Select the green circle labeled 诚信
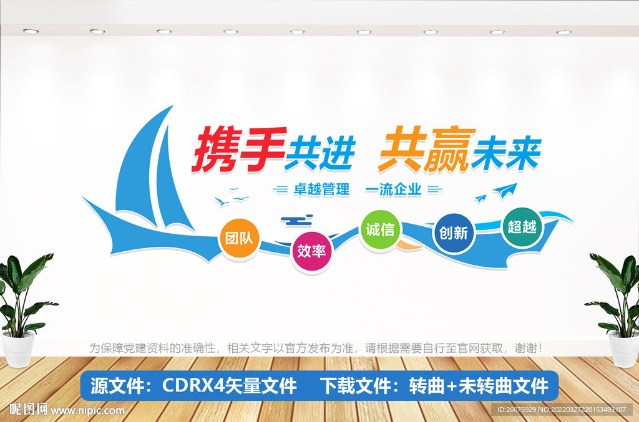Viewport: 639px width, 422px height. pos(379,229)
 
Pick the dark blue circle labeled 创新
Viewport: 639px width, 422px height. pos(454,233)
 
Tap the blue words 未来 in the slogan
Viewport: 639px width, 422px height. pos(506,151)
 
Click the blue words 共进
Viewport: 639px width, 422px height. pos(319,153)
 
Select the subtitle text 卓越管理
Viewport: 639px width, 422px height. pos(321,189)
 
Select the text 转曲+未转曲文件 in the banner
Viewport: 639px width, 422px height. pos(479,386)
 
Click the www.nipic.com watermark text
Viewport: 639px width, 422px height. pos(87,411)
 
